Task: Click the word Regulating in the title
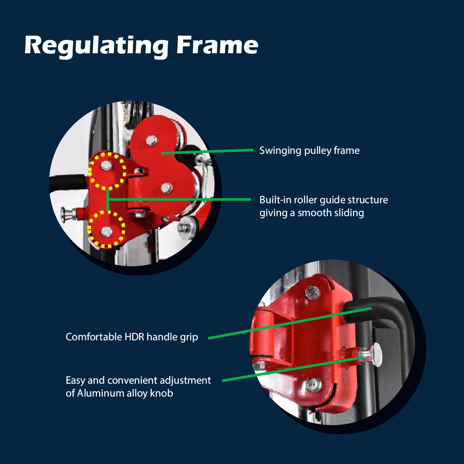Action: tap(96, 46)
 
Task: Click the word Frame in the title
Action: tap(217, 45)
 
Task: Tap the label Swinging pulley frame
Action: tap(309, 150)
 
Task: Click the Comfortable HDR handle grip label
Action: tap(132, 337)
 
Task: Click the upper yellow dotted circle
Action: tap(107, 171)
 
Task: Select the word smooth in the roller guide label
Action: tap(317, 213)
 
